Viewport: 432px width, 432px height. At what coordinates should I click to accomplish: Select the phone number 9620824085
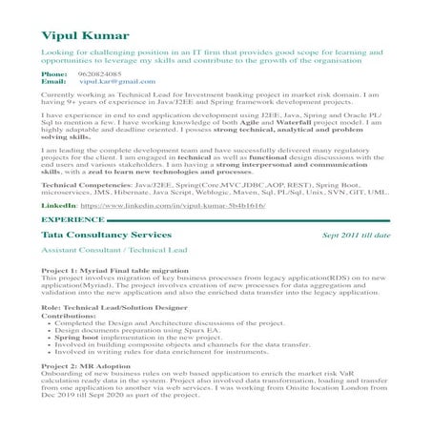click(x=99, y=73)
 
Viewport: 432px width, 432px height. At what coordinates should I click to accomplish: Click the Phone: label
click(x=55, y=73)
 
